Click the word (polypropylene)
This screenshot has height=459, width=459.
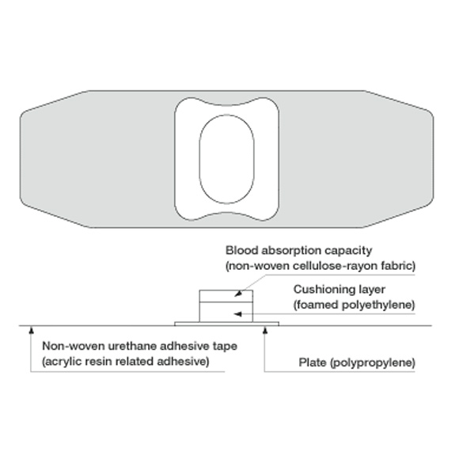(373, 363)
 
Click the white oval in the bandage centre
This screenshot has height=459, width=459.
(226, 159)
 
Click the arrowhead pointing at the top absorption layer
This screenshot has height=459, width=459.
(239, 293)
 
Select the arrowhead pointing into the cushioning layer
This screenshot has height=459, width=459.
(237, 314)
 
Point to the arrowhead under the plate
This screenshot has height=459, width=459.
(265, 331)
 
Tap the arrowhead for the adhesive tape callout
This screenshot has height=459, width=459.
(31, 331)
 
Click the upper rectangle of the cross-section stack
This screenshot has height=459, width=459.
(226, 296)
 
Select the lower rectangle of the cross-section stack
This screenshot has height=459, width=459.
(226, 312)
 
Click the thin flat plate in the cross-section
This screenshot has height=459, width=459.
(226, 324)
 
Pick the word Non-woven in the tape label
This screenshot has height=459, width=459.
(74, 346)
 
